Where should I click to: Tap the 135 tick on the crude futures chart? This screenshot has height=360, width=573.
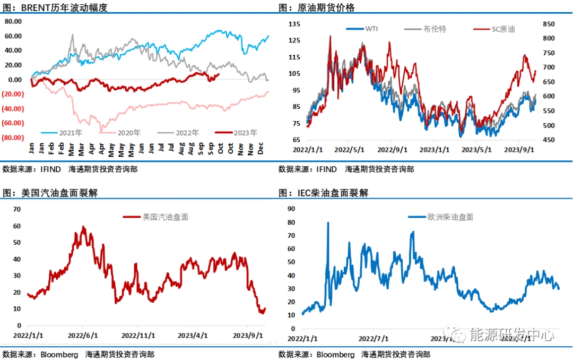295,24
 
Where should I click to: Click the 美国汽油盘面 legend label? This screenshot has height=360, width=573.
165,217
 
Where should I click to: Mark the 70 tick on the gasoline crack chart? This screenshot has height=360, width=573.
16,209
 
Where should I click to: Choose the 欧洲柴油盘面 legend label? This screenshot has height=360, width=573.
450,217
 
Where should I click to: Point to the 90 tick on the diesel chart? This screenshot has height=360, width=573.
291,209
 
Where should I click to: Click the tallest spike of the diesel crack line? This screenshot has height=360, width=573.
327,223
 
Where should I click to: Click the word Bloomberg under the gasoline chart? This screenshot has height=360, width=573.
59,354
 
